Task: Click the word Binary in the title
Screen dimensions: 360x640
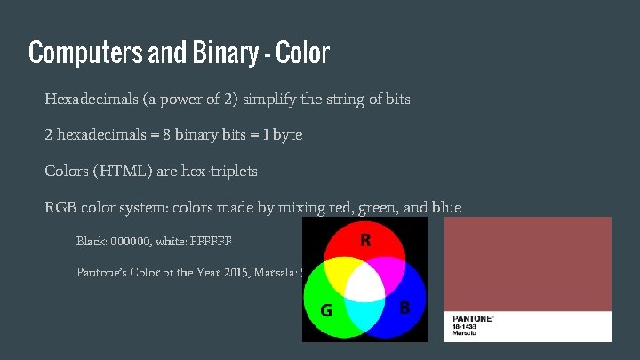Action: pyautogui.click(x=220, y=53)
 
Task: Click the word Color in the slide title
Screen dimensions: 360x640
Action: pyautogui.click(x=303, y=53)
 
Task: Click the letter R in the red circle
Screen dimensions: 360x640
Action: pyautogui.click(x=365, y=240)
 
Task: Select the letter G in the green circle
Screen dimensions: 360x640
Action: pyautogui.click(x=326, y=311)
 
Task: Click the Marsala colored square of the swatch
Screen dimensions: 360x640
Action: pyautogui.click(x=528, y=264)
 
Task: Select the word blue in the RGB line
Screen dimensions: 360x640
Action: pyautogui.click(x=445, y=208)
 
